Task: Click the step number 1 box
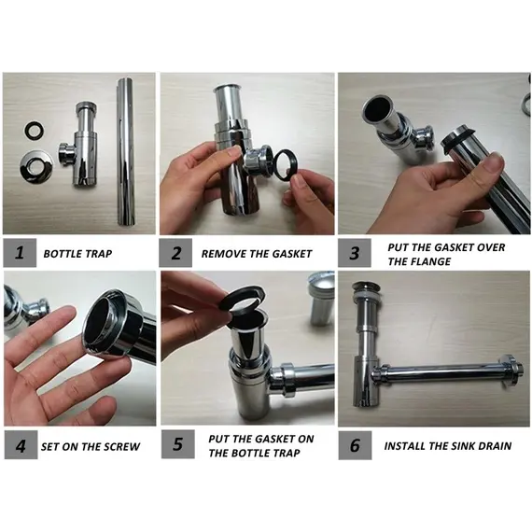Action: point(20,253)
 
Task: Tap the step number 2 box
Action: point(175,253)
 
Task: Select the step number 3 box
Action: point(355,253)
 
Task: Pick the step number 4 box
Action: point(21,445)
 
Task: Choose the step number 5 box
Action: point(177,444)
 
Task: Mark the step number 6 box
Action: point(355,445)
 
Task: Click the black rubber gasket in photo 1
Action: point(35,131)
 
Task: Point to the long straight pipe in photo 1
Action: point(126,152)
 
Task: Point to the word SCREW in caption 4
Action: point(122,446)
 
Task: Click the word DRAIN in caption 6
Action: point(495,445)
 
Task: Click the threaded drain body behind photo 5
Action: point(321,298)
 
